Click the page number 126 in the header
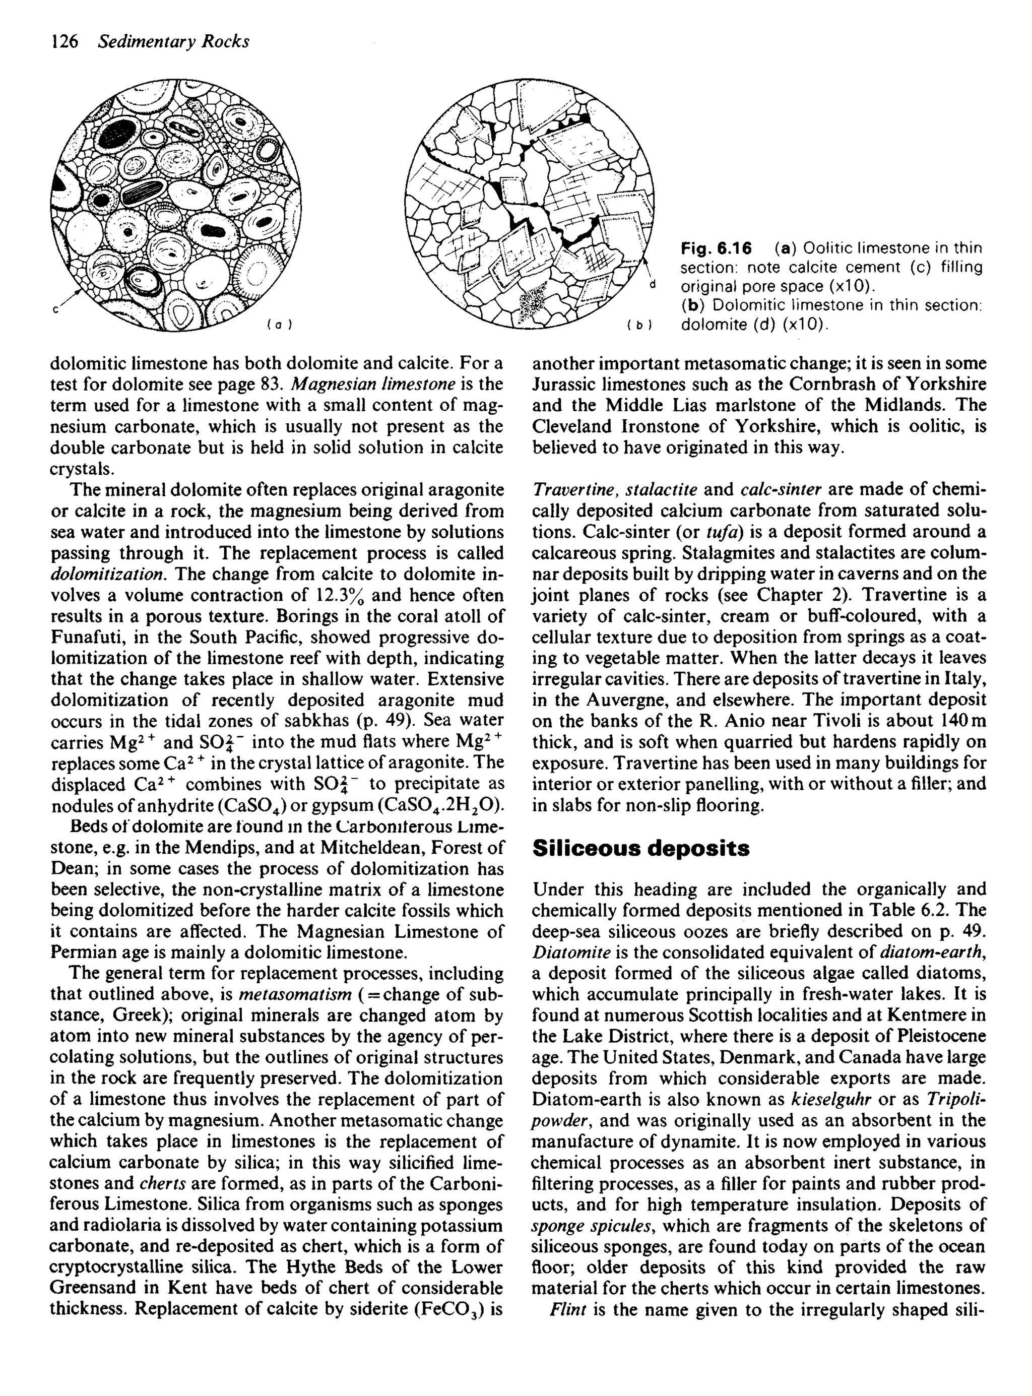64,42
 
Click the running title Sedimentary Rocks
174,42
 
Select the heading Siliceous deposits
640,848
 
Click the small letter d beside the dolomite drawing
653,285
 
